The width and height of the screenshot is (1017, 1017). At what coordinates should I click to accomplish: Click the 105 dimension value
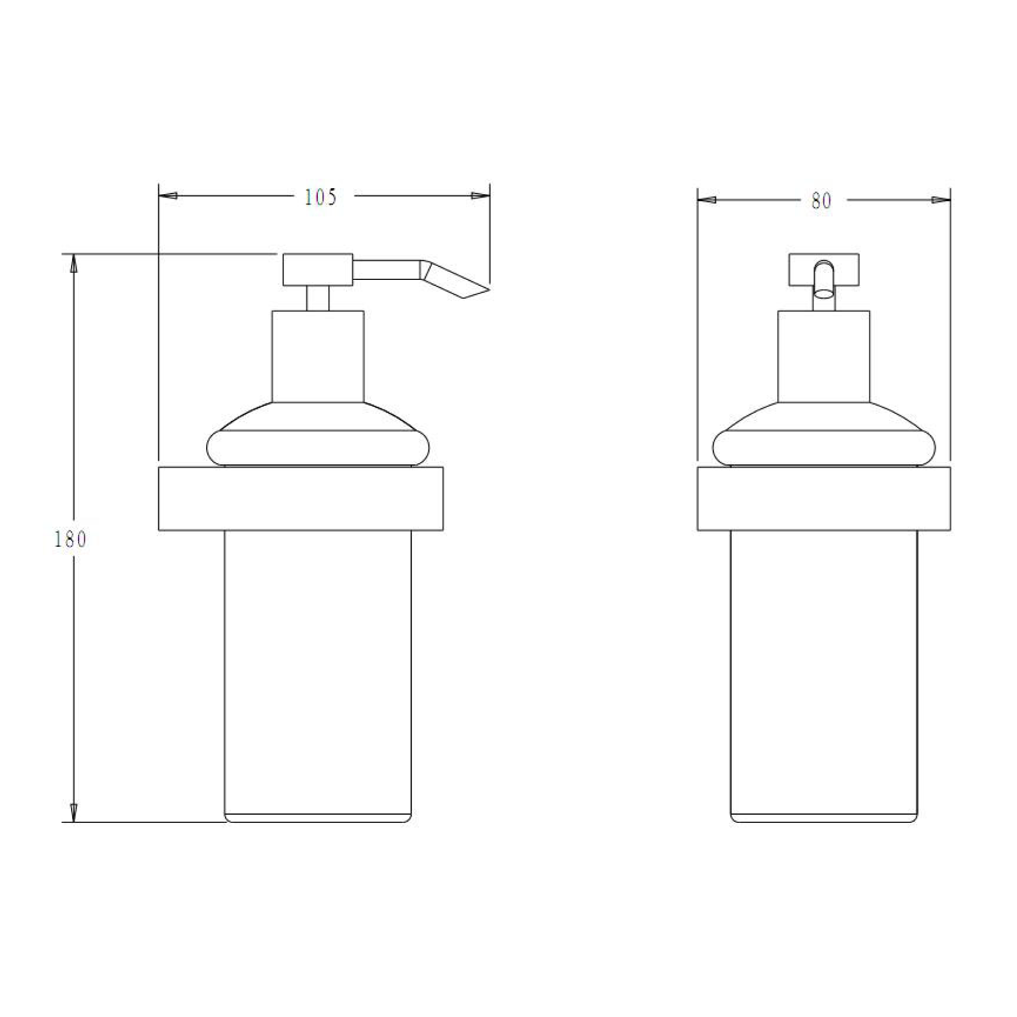point(320,197)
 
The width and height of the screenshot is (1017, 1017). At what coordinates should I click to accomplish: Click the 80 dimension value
point(821,201)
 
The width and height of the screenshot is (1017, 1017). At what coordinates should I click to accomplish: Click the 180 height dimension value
point(71,540)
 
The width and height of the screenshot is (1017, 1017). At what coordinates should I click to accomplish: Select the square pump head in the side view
point(318,269)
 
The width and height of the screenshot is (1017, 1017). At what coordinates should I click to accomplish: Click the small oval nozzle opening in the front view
point(823,294)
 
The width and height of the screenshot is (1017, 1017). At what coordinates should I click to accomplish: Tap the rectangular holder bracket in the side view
point(300,498)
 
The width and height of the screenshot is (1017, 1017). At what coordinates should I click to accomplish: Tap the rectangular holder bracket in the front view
point(823,498)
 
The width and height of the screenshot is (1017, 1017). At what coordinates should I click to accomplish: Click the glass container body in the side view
point(318,673)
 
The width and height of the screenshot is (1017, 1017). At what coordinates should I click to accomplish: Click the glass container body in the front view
point(823,673)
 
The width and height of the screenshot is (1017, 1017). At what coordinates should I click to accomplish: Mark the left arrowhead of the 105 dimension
point(167,196)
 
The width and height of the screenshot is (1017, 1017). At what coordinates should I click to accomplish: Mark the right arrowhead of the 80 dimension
point(942,200)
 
